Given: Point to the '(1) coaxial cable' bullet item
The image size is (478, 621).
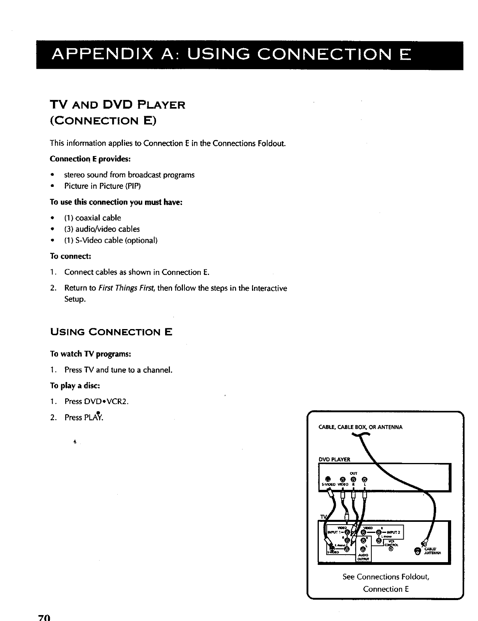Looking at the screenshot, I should tap(92, 218).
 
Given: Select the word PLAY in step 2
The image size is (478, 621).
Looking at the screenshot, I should tap(93, 418).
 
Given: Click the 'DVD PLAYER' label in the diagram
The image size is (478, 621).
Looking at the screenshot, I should tap(334, 459).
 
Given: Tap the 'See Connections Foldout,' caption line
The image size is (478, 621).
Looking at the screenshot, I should tap(386, 577).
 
